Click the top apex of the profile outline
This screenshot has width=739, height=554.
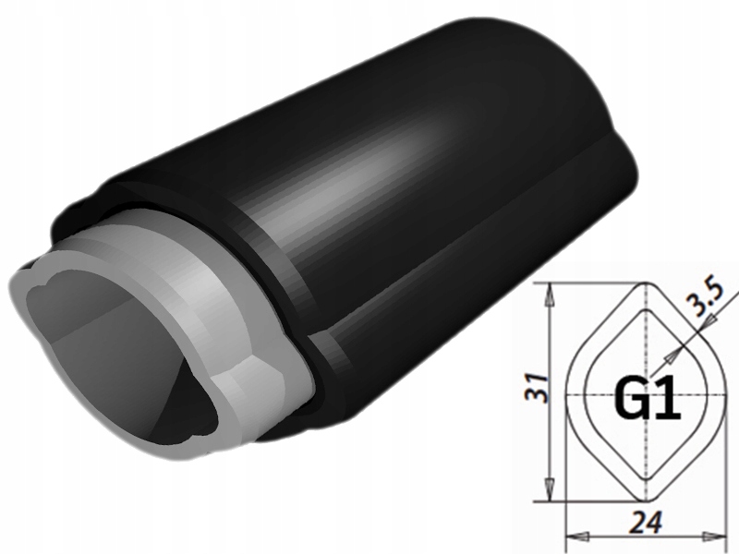[649, 284]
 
